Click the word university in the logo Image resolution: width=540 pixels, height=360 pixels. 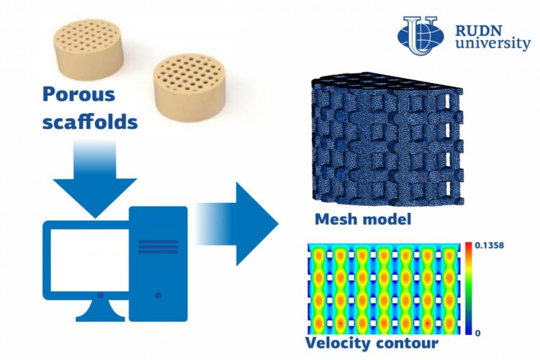coord(493,45)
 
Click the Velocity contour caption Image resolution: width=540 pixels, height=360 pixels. coord(369,345)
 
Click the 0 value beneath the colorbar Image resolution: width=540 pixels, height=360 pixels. coord(478,333)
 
